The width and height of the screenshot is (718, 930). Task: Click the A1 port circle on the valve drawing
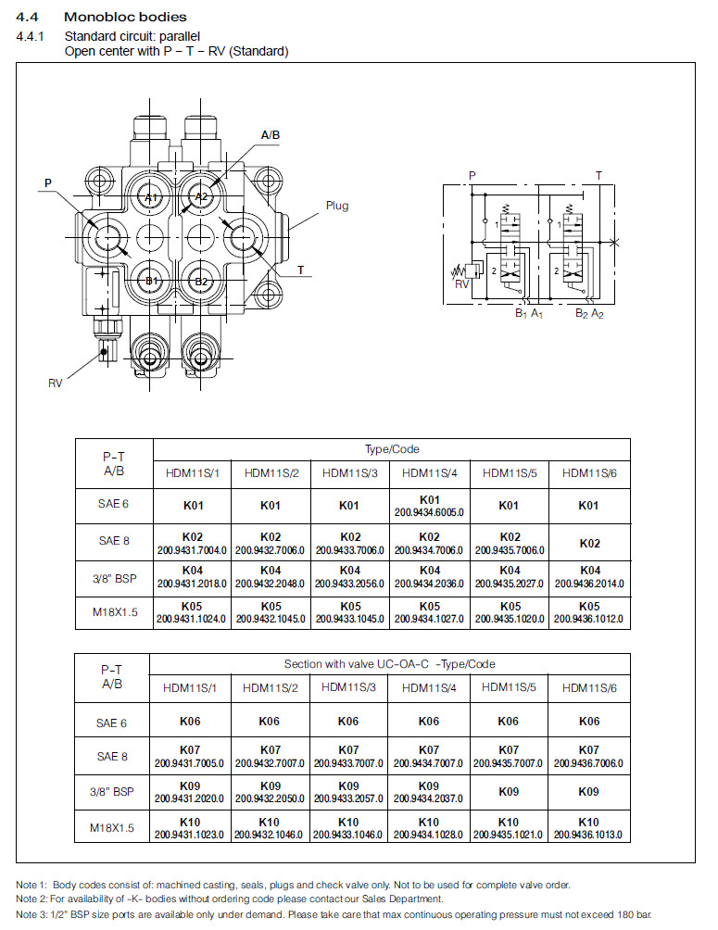(x=153, y=197)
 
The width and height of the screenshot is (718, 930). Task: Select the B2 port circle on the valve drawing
(x=203, y=281)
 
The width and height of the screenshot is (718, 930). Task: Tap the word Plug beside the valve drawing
(x=337, y=206)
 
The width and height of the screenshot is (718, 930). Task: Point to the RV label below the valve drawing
(x=56, y=383)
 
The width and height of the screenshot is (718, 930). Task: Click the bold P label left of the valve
(x=48, y=183)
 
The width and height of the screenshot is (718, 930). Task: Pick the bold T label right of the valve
(x=301, y=270)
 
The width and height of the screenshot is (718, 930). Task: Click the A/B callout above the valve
(x=271, y=135)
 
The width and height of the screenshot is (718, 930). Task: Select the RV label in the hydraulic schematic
(x=461, y=283)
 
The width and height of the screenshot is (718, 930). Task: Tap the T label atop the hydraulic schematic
(x=598, y=175)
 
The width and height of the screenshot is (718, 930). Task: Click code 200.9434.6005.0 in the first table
(x=429, y=511)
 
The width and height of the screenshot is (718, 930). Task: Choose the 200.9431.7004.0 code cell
(x=192, y=548)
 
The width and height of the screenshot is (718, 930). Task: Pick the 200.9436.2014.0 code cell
(x=590, y=584)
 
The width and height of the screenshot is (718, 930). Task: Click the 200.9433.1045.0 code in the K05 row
(x=349, y=618)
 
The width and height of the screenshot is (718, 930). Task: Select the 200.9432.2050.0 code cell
(x=270, y=798)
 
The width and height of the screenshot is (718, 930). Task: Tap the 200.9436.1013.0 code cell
(x=588, y=834)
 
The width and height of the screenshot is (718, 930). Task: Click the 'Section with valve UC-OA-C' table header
(x=389, y=664)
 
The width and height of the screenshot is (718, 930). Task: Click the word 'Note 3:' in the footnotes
(x=32, y=913)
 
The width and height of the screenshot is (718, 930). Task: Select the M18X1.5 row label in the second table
(x=112, y=827)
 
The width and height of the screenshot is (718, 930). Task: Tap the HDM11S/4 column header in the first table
(x=428, y=472)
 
